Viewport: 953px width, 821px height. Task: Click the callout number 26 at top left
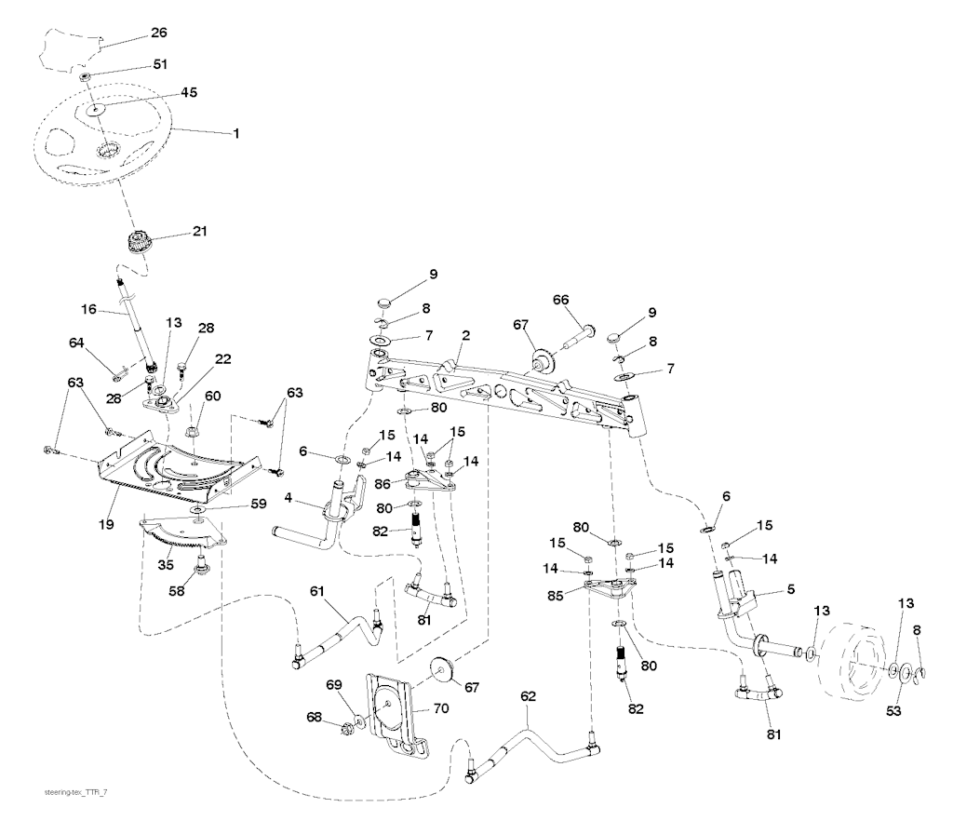[158, 34]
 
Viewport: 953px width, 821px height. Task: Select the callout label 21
[200, 231]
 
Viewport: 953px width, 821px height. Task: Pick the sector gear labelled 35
[181, 536]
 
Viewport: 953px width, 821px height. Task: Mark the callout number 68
[315, 718]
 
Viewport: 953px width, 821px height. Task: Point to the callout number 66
[560, 300]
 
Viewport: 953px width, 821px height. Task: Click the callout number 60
[213, 396]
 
